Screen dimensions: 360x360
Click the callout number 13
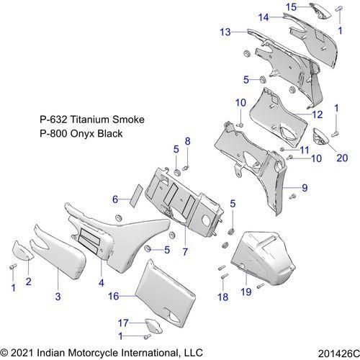(x=225, y=32)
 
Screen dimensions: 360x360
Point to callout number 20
(x=341, y=158)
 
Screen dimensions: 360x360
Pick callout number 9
(x=305, y=188)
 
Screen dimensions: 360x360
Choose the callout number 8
(x=187, y=140)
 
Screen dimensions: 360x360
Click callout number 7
(x=184, y=251)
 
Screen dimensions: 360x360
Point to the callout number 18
(x=222, y=296)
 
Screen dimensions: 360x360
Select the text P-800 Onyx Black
(x=81, y=134)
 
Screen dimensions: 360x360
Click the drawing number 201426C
(x=336, y=353)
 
